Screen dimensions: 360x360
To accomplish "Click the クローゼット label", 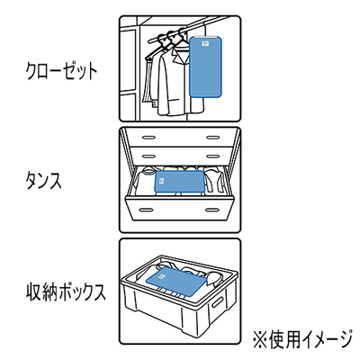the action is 62,72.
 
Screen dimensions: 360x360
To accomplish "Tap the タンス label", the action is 44,181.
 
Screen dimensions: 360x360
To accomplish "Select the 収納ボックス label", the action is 67,292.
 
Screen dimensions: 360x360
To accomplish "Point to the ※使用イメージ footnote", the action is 302,338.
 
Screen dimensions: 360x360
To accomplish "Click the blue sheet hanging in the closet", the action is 206,67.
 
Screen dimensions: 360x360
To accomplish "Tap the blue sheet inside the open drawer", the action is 179,182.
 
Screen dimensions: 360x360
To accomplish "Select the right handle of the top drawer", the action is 212,138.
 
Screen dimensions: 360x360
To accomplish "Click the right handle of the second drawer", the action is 212,157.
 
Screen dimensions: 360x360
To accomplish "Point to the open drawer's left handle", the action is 147,209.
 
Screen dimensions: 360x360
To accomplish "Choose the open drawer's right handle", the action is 214,209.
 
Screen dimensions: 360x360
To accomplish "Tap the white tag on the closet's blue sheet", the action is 205,43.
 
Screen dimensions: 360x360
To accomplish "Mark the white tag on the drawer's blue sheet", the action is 160,182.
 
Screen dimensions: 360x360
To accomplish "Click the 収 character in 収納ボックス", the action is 34,292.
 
